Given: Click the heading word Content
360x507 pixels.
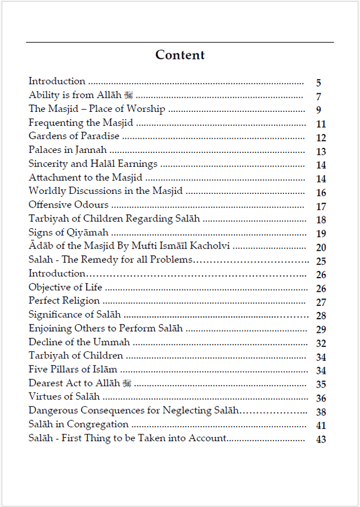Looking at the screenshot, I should click(180, 55).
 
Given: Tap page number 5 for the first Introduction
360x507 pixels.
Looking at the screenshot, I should click(318, 83).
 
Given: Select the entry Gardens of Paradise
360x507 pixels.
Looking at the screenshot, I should click(74, 136).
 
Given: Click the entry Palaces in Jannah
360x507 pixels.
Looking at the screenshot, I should click(67, 150).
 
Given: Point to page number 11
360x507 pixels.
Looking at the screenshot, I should click(321, 124).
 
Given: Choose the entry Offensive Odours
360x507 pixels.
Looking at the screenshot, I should click(69, 205).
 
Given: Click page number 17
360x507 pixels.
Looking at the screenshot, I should click(321, 207).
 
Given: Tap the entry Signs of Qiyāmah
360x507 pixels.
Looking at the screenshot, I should click(69, 232).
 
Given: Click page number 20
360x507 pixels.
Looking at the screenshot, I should click(321, 248).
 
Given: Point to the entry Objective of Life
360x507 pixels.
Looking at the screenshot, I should click(65, 287).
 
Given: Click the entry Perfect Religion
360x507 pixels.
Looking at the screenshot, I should click(64, 301).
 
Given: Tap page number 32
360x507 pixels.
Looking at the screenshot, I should click(321, 343).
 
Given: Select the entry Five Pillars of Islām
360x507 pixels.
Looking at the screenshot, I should click(73, 369).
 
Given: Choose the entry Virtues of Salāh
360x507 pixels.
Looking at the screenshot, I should click(64, 397).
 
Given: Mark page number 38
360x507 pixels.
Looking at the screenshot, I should click(321, 412).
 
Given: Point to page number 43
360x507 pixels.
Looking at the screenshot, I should click(321, 440).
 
